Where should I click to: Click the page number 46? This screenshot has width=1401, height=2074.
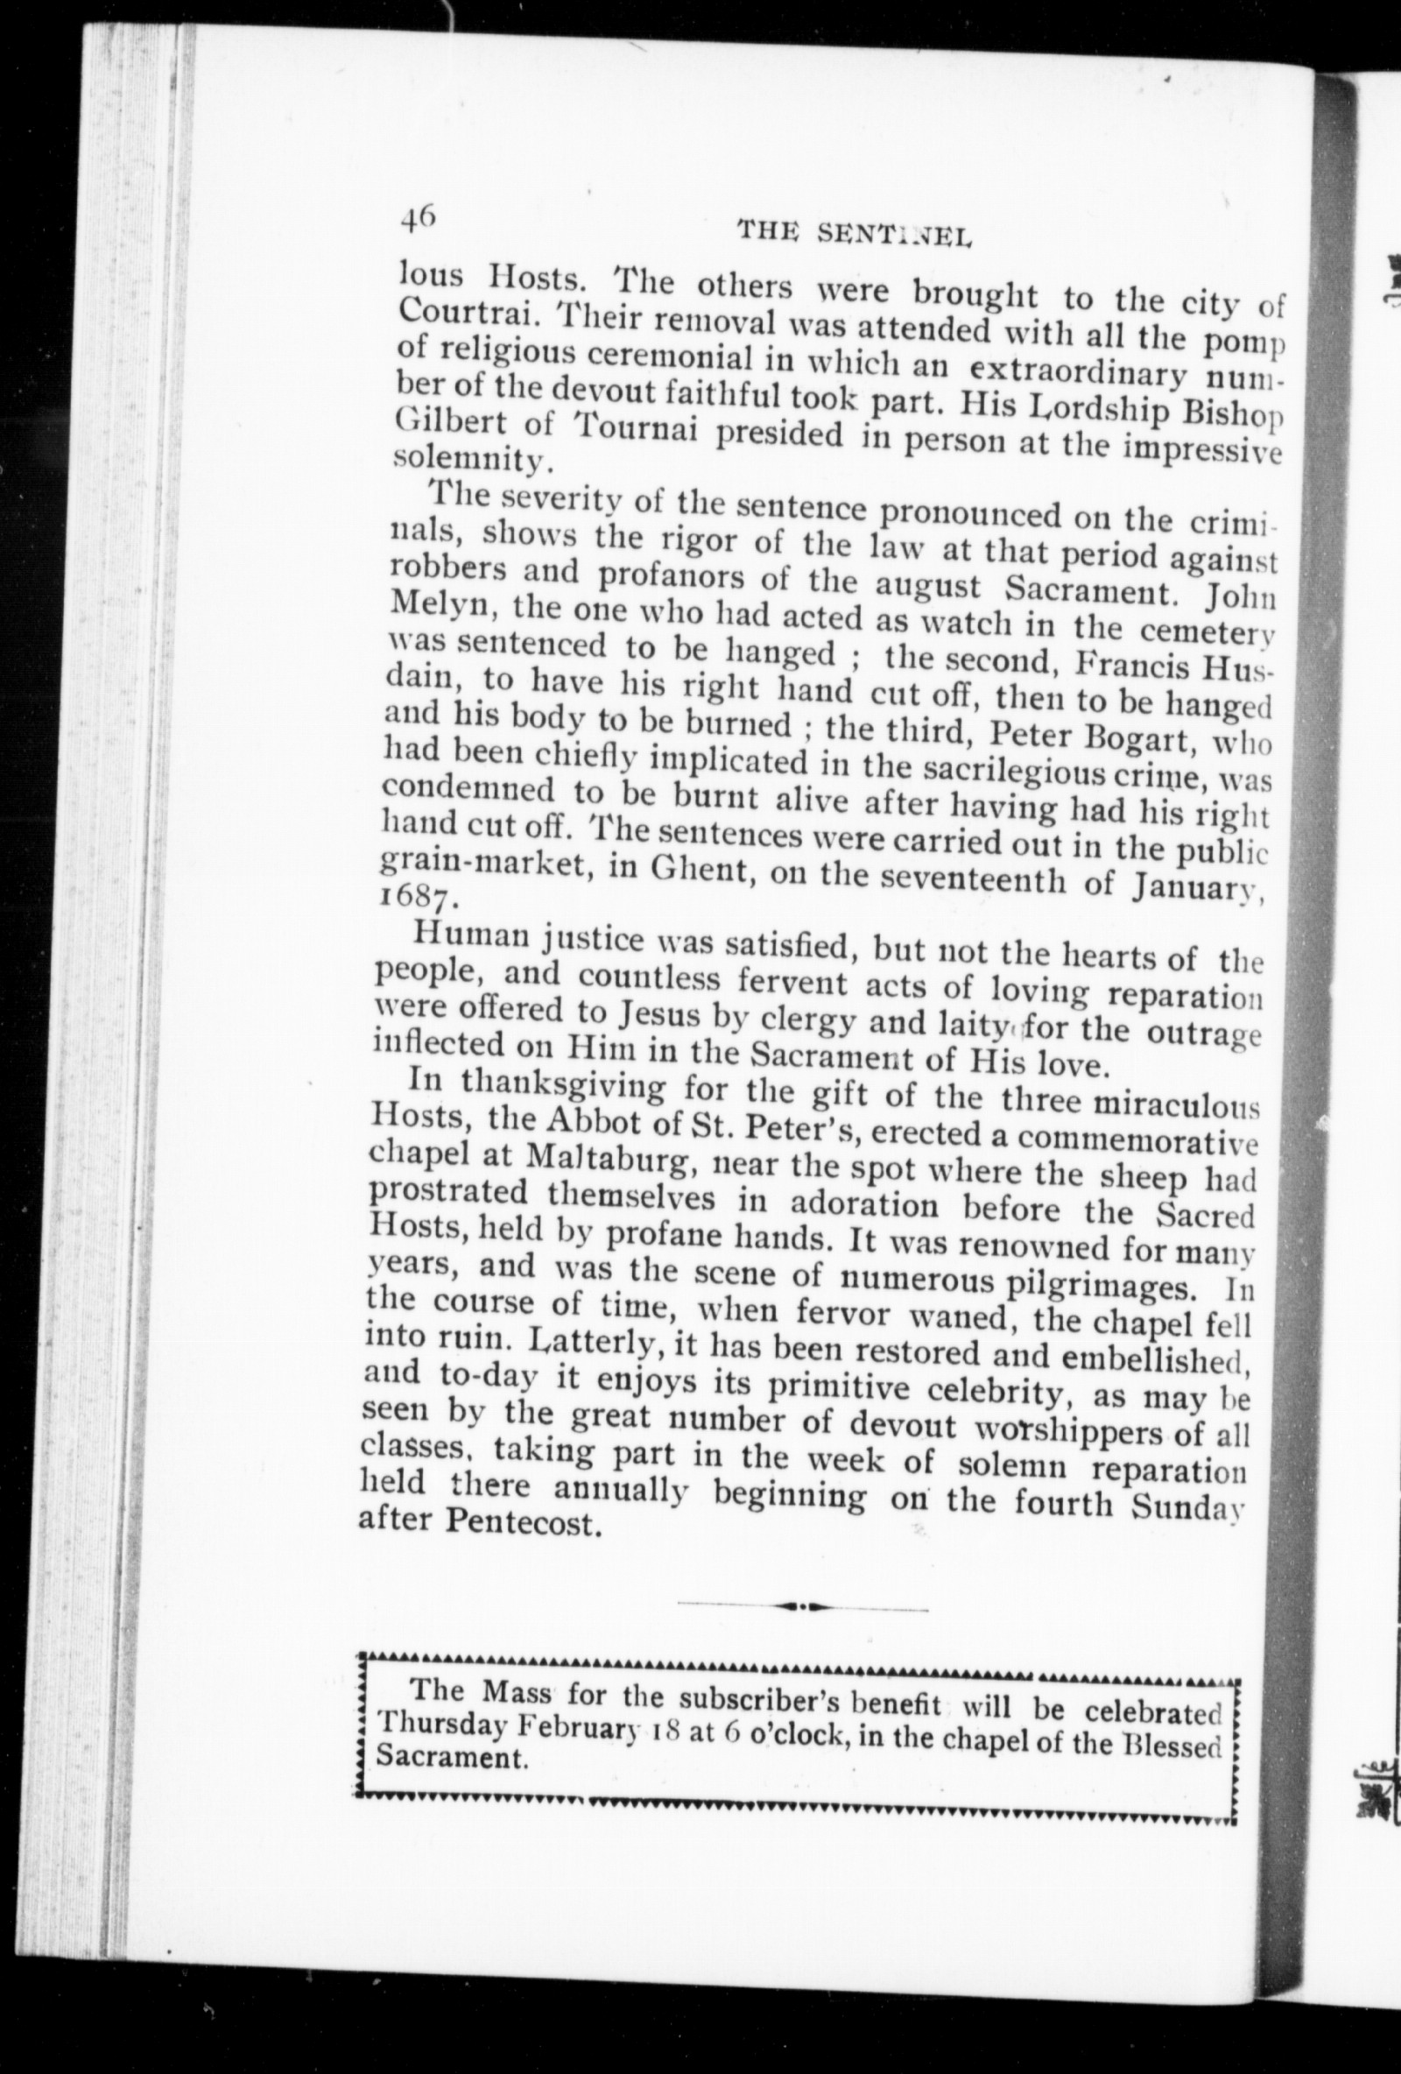[x=418, y=217]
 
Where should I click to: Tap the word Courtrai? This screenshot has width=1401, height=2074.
[x=454, y=311]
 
